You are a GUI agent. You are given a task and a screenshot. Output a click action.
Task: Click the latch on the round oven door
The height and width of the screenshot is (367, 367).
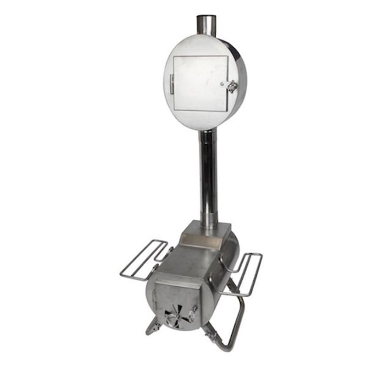[x=232, y=86]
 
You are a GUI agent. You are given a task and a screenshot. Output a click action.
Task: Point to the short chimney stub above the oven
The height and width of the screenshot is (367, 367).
[x=206, y=26]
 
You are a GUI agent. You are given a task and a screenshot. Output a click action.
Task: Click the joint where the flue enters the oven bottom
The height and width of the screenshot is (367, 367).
[x=207, y=132]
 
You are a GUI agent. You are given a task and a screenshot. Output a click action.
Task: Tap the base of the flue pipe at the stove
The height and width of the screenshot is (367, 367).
[x=209, y=225]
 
